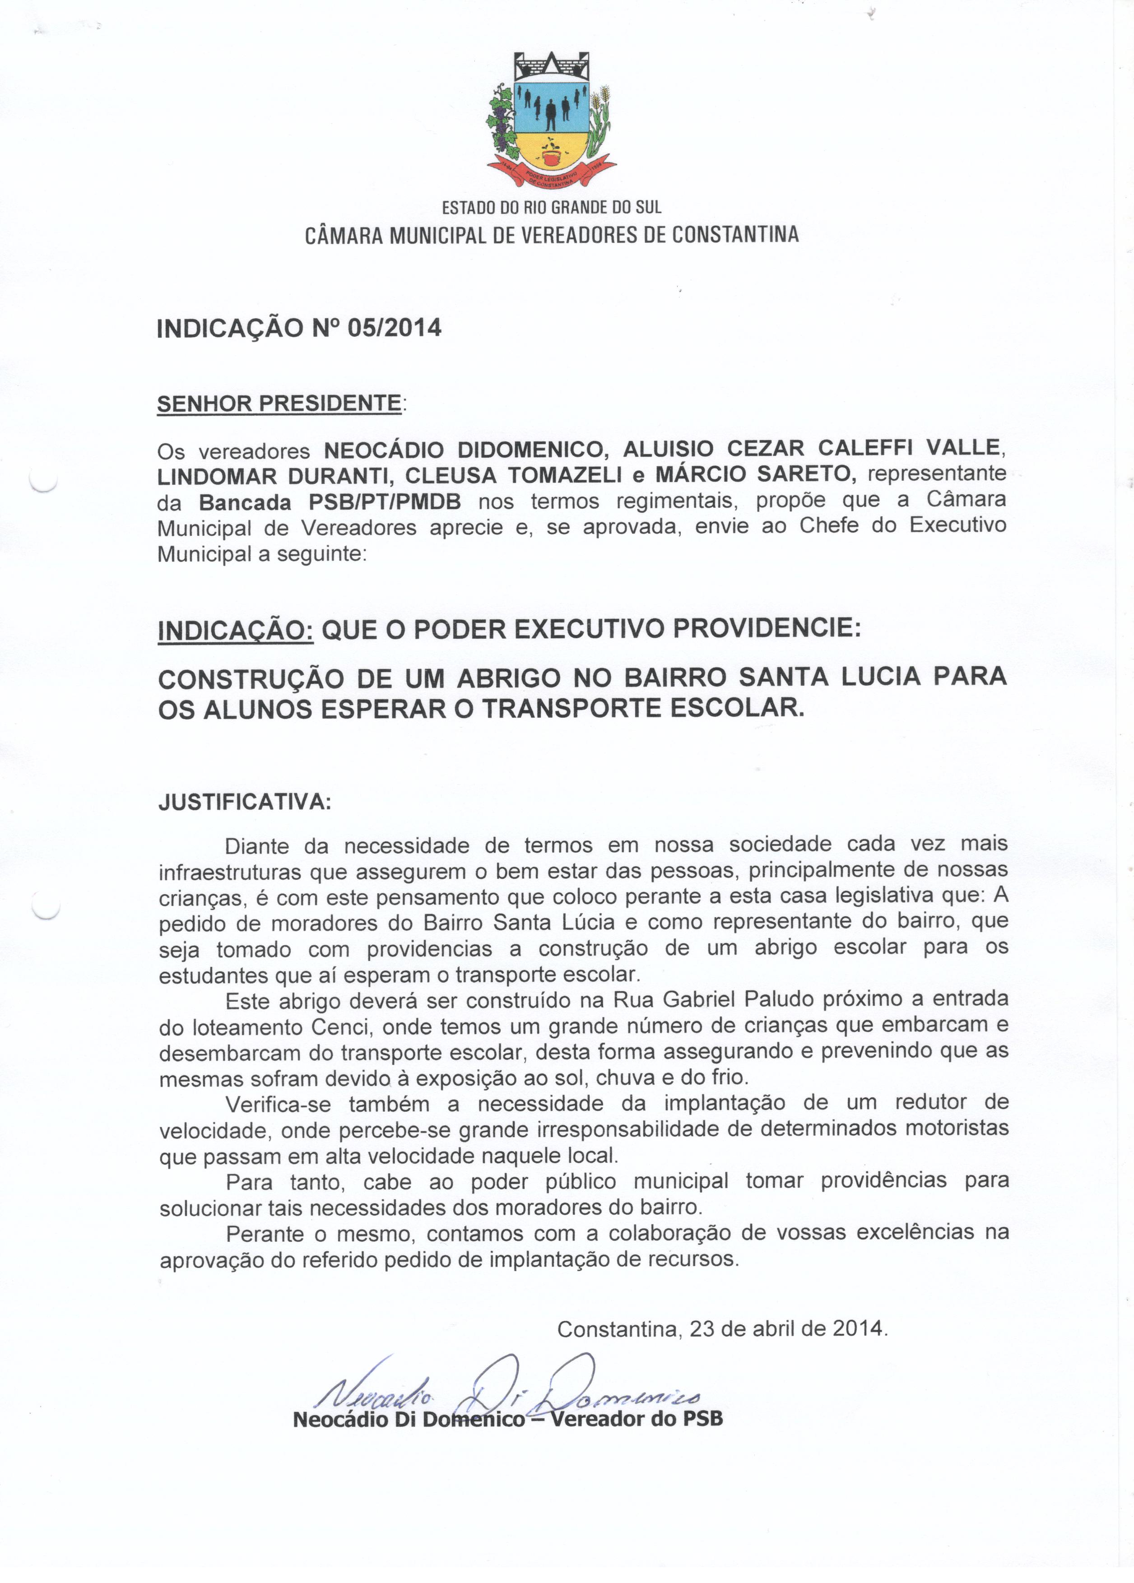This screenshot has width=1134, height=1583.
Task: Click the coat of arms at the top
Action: click(551, 119)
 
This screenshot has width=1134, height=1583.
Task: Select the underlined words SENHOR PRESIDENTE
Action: click(279, 404)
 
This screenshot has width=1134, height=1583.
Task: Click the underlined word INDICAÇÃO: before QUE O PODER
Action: click(236, 630)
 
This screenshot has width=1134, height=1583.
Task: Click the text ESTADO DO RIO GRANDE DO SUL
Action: click(551, 207)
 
